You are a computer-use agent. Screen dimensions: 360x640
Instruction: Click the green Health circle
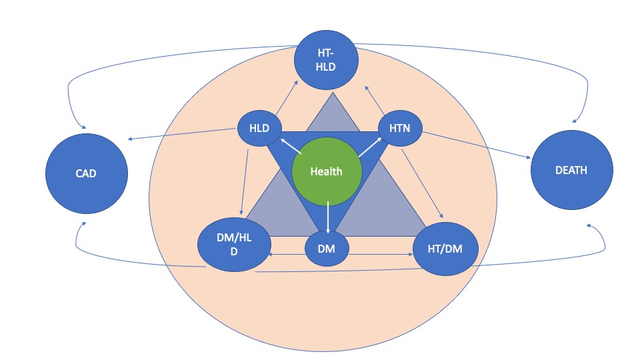pos(327,171)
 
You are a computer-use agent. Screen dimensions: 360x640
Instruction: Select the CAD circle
pos(86,173)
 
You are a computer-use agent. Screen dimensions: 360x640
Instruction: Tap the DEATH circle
pos(571,171)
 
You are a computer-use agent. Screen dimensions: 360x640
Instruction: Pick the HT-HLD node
pos(327,61)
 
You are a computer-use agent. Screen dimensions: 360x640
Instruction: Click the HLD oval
pos(260,129)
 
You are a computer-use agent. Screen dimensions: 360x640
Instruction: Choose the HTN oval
pos(401,129)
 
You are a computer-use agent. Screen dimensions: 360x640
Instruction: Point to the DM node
pos(327,249)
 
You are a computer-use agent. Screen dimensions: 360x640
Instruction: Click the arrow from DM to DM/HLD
pos(286,253)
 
